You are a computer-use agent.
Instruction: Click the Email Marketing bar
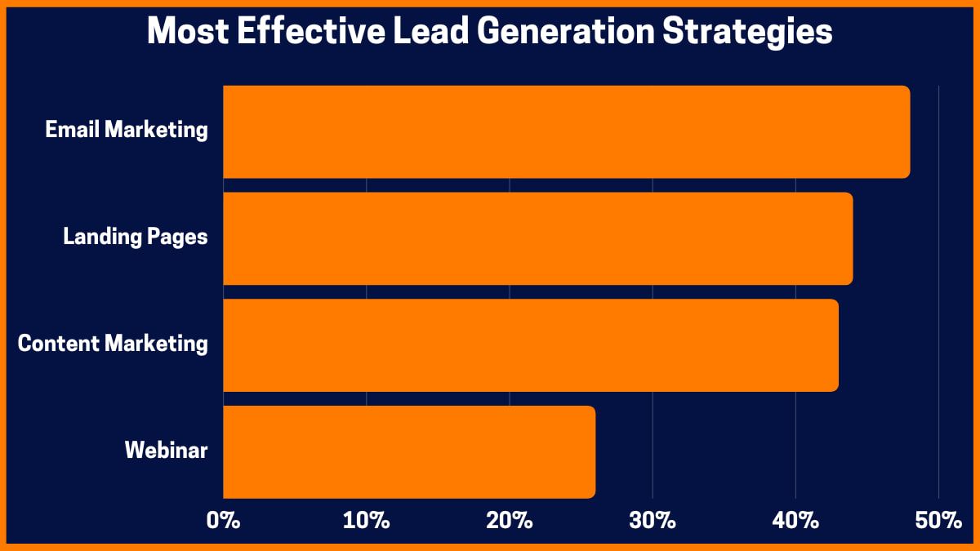pyautogui.click(x=566, y=131)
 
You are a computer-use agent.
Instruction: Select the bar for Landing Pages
pyautogui.click(x=537, y=238)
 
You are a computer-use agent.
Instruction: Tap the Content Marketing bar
pyautogui.click(x=530, y=345)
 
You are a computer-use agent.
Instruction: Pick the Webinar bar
pyautogui.click(x=408, y=451)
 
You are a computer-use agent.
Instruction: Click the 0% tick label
pyautogui.click(x=223, y=520)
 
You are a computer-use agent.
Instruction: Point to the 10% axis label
pyautogui.click(x=366, y=520)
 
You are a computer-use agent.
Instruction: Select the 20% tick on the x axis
pyautogui.click(x=510, y=520)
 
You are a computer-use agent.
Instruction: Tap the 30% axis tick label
pyautogui.click(x=653, y=520)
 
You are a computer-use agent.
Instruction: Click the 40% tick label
pyautogui.click(x=795, y=520)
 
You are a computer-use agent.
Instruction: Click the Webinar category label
pyautogui.click(x=166, y=450)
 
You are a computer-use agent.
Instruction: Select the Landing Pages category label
pyautogui.click(x=136, y=238)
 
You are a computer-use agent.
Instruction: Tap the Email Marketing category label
pyautogui.click(x=127, y=130)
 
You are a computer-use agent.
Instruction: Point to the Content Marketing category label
pyautogui.click(x=113, y=344)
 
